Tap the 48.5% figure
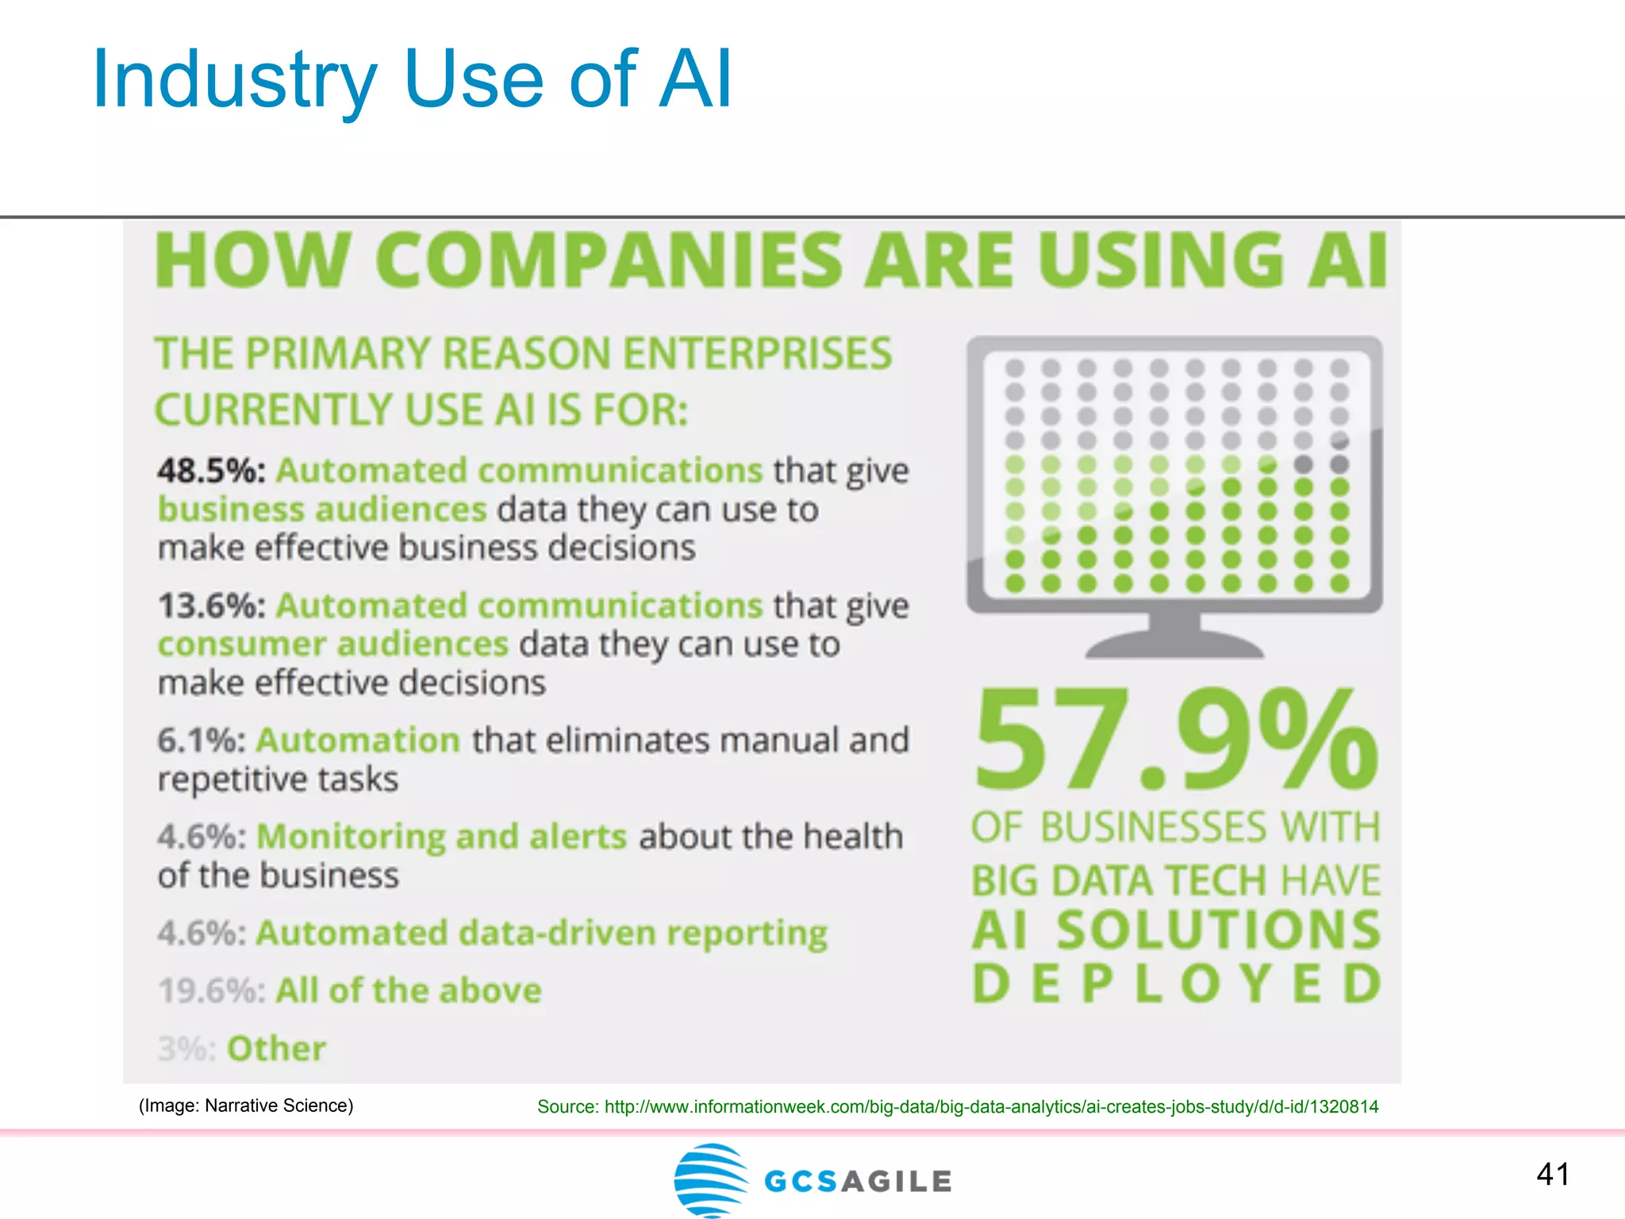coord(209,471)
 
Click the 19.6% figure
coord(210,990)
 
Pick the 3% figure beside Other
coord(186,1048)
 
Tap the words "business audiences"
coord(321,510)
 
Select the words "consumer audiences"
coord(332,644)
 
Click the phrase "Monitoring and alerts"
coord(441,836)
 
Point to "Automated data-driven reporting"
coord(541,933)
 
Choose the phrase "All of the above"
coord(408,990)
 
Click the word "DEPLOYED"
coord(1176,983)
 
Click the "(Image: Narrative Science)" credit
coord(246,1106)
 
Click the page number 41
coord(1552,1174)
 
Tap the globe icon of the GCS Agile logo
coord(710,1180)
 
